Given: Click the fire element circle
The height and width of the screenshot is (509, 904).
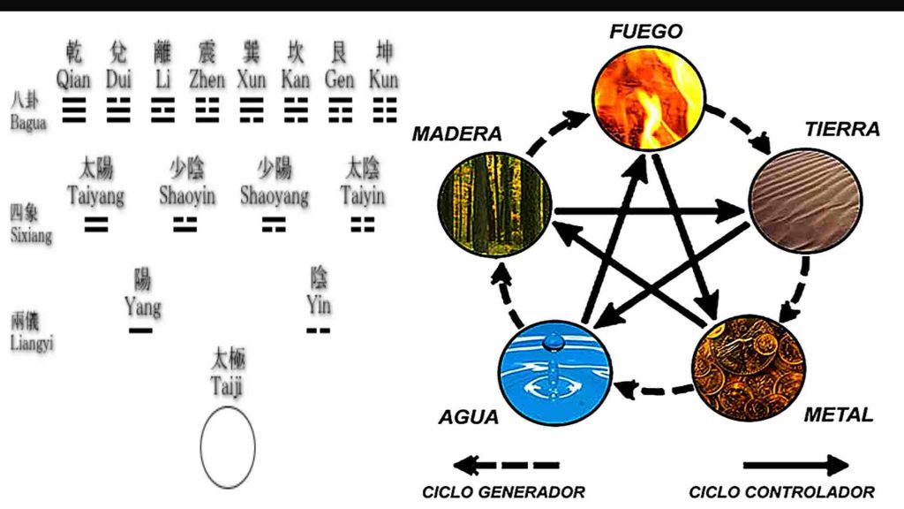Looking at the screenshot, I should [x=649, y=97].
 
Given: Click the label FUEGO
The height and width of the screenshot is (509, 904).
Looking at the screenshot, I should [x=646, y=32].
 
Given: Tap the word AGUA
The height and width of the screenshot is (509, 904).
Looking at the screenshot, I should [x=469, y=417].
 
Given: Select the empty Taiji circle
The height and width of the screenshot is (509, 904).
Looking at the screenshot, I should [x=228, y=446].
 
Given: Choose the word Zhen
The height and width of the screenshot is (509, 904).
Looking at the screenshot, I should [x=207, y=80].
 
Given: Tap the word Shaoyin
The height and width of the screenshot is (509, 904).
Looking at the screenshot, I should [x=187, y=196].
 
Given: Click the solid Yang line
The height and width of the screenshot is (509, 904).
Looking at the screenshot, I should [x=140, y=330].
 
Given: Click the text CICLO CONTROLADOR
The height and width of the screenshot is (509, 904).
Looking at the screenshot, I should [x=781, y=492].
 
